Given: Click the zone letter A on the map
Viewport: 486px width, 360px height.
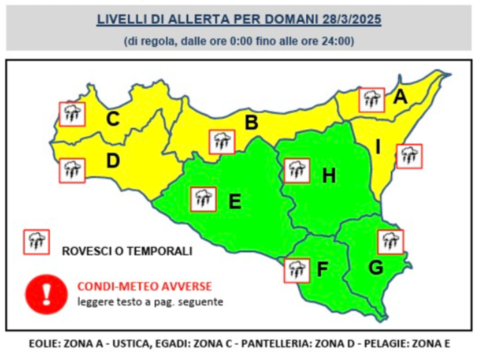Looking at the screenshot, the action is pos(400,97).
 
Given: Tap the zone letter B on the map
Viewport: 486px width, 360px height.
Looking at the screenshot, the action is pos(251,123).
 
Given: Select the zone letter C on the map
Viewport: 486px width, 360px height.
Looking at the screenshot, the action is pos(112,120).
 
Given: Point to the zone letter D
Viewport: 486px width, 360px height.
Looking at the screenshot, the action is pos(113,161).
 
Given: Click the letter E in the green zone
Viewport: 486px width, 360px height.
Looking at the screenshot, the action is pos(235,202).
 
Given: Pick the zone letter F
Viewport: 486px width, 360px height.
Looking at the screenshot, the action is pos(322,269).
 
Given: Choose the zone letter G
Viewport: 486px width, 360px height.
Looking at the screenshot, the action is pos(376,267).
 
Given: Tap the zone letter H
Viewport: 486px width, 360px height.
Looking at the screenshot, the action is pos(329,176).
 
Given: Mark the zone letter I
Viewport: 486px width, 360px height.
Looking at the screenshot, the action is pos(378,147).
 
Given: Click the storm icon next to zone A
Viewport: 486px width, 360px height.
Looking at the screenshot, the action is pos(371,99).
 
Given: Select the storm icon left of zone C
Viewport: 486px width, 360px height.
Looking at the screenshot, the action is pos(71,113).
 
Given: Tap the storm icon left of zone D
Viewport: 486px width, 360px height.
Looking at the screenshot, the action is pos(71,169).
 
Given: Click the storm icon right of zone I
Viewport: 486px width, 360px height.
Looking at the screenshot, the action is pos(409,156).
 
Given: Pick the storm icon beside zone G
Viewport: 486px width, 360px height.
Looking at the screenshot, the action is pos(390,241).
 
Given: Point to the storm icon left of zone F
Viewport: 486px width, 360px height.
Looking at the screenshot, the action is pos(296,270).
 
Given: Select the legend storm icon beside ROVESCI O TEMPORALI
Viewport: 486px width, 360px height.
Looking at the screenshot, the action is pos(36,242).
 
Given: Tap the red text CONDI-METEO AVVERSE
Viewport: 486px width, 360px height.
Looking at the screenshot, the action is pos(144,286).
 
